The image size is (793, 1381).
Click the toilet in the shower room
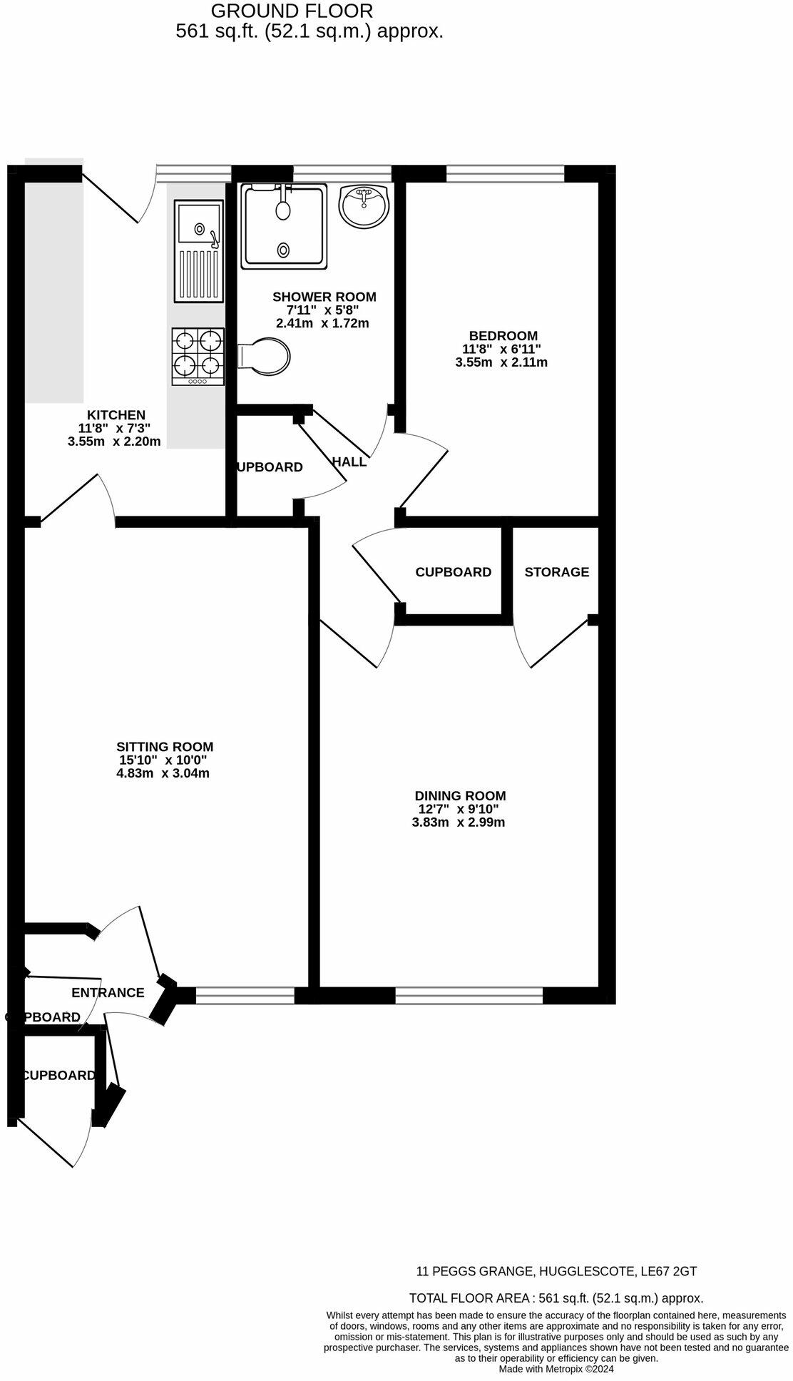point(265,355)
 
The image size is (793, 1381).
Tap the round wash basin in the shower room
point(364,206)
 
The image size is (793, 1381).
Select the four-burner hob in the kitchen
point(198,356)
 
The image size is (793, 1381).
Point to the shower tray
point(284,226)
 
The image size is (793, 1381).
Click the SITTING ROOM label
point(165,747)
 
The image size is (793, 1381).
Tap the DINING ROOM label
point(460,795)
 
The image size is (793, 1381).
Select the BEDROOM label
point(503,335)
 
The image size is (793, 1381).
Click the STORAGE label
point(556,572)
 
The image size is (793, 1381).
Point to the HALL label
point(349,462)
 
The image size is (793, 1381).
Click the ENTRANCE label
point(108,992)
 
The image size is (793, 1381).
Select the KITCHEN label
point(116,414)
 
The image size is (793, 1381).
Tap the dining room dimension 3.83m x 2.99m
point(458,822)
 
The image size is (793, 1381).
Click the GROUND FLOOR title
point(292,11)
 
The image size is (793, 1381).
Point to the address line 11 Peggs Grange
point(556,1270)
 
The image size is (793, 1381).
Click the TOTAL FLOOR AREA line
point(556,1298)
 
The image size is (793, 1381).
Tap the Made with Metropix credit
point(556,1369)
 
